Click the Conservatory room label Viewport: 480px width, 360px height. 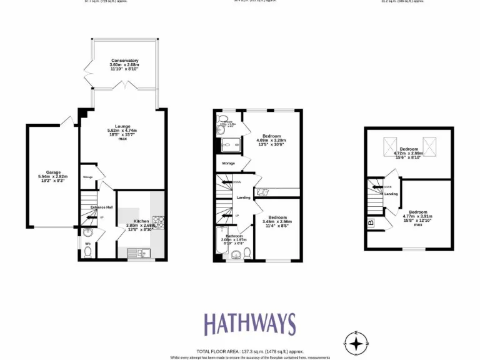(x=124, y=61)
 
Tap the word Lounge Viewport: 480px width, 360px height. (x=122, y=126)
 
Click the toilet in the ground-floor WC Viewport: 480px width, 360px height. (x=87, y=251)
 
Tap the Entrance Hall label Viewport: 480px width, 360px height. (x=101, y=207)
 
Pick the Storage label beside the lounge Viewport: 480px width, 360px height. (x=87, y=177)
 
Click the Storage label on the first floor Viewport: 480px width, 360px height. (x=228, y=163)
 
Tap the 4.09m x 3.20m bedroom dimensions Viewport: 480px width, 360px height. (x=271, y=141)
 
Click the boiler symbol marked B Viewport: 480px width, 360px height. (x=371, y=222)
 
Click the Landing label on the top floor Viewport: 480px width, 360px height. (x=391, y=194)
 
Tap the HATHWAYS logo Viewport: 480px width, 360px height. (x=249, y=324)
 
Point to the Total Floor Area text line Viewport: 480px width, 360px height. (x=249, y=351)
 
